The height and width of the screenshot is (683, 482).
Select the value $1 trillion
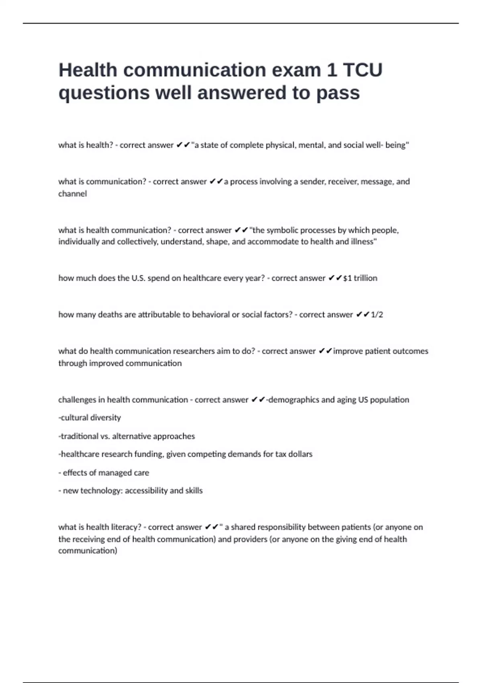pyautogui.click(x=360, y=278)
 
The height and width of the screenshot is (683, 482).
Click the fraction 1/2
pyautogui.click(x=377, y=315)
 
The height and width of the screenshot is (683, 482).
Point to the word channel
pyautogui.click(x=72, y=194)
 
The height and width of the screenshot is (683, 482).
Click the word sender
pyautogui.click(x=312, y=182)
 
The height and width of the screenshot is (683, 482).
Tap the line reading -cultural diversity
pyautogui.click(x=90, y=418)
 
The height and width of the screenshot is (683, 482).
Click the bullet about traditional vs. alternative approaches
pyautogui.click(x=127, y=436)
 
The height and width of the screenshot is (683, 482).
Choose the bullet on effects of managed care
pyautogui.click(x=104, y=473)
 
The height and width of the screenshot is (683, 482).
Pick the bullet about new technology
pyautogui.click(x=131, y=491)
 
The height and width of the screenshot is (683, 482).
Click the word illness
pyautogui.click(x=363, y=242)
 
